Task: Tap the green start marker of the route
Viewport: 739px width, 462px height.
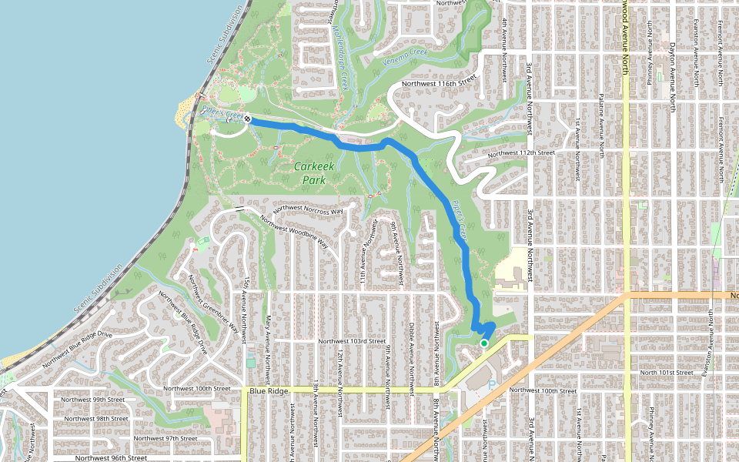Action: pyautogui.click(x=483, y=343)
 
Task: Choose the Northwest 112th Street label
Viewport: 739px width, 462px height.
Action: pyautogui.click(x=521, y=152)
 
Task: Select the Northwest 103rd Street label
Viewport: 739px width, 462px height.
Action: pyautogui.click(x=352, y=340)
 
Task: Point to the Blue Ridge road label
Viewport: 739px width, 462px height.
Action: pyautogui.click(x=268, y=391)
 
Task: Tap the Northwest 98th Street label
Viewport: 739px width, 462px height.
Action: pyautogui.click(x=97, y=419)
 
